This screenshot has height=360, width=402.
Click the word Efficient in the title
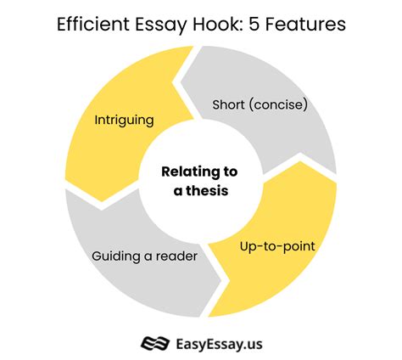pos(93,24)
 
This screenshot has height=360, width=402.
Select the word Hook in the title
pos(218,24)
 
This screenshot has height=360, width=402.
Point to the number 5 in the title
pos(254,25)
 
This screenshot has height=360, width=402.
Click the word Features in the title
pos(305,25)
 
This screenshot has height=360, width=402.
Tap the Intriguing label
pos(124,121)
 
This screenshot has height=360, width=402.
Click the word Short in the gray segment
pos(228,104)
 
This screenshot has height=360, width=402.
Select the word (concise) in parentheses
pos(278,104)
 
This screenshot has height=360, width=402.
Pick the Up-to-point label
pos(277,247)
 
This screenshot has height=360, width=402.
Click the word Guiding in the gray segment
pos(116,256)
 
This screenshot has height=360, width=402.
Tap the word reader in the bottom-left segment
pos(176,256)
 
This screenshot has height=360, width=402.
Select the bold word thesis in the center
pos(207,190)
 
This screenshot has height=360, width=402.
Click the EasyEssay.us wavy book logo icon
pos(155,343)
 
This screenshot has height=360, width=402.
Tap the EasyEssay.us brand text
pos(219,345)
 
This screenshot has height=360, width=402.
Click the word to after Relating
pos(230,172)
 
